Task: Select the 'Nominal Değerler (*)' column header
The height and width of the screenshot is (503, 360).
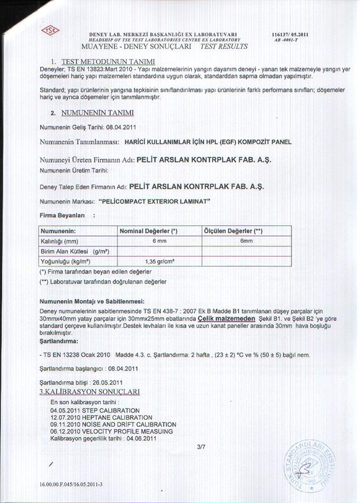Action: pos(153,231)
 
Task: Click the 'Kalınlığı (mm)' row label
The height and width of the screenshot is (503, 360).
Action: pos(59,241)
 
